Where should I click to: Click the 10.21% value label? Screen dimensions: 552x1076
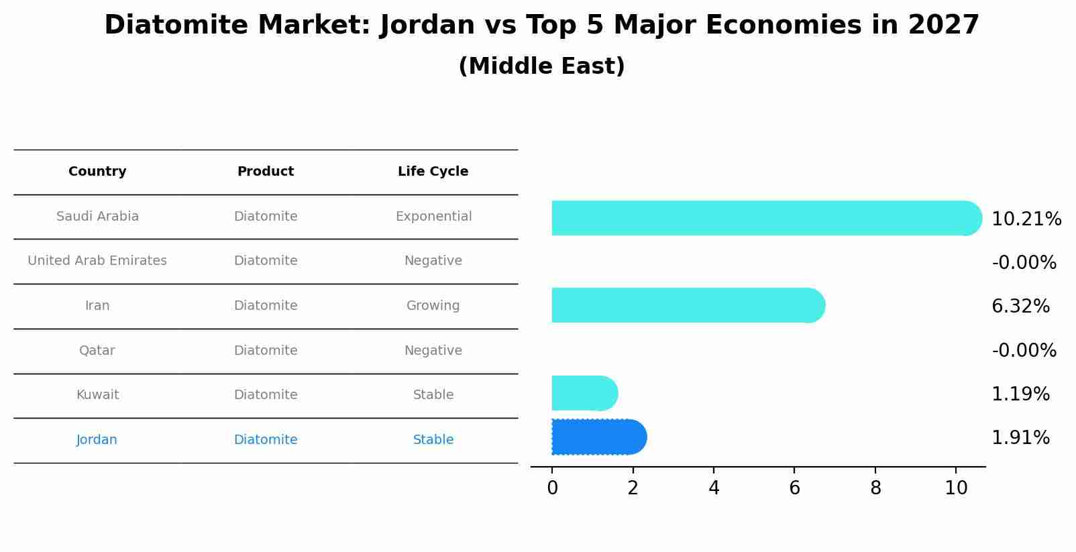pyautogui.click(x=1026, y=219)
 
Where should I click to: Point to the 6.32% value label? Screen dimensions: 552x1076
pyautogui.click(x=1020, y=307)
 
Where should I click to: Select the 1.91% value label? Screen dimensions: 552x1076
pyautogui.click(x=1020, y=438)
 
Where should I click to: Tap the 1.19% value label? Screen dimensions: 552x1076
pyautogui.click(x=1020, y=394)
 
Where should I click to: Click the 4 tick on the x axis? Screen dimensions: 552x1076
pyautogui.click(x=714, y=488)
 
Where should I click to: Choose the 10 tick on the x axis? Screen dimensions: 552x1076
pyautogui.click(x=956, y=488)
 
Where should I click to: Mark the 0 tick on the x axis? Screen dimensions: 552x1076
pyautogui.click(x=552, y=488)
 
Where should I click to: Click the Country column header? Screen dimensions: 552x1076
pyautogui.click(x=97, y=172)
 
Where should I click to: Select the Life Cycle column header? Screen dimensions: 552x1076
pyautogui.click(x=433, y=172)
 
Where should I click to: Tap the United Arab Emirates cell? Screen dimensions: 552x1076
pyautogui.click(x=97, y=261)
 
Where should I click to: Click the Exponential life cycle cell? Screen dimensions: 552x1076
pyautogui.click(x=433, y=217)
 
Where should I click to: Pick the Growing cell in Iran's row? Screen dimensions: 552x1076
pyautogui.click(x=433, y=306)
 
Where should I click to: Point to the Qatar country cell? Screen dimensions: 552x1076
pyautogui.click(x=97, y=351)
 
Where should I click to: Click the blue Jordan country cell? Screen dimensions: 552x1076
pyautogui.click(x=97, y=440)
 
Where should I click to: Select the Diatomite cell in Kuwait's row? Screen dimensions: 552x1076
pyautogui.click(x=266, y=395)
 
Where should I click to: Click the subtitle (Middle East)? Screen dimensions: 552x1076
pyautogui.click(x=541, y=66)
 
